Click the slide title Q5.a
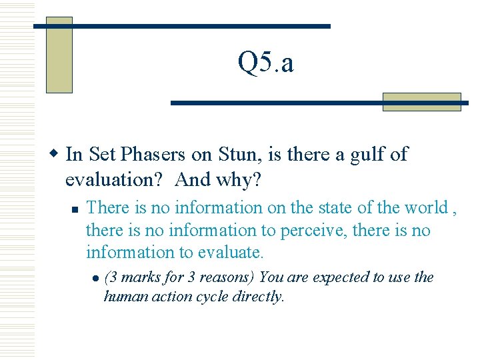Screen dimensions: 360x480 pyautogui.click(x=265, y=63)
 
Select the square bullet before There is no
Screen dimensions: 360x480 pyautogui.click(x=75, y=209)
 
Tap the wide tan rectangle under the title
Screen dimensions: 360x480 pyautogui.click(x=421, y=102)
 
